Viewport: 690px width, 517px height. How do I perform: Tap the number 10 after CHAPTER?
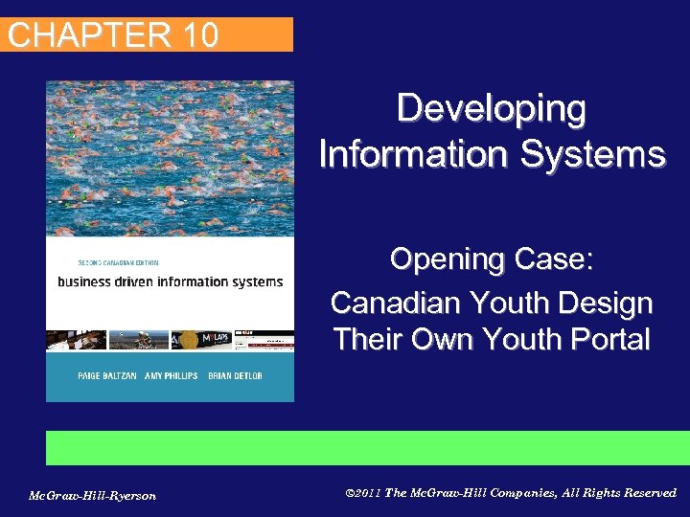197,35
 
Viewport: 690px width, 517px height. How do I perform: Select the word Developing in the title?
492,108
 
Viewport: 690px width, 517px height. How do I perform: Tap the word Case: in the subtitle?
549,259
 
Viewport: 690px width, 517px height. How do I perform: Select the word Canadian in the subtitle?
393,303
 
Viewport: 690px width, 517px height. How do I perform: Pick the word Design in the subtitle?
607,303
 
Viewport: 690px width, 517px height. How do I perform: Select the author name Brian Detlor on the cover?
235,375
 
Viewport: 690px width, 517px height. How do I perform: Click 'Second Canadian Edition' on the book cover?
118,262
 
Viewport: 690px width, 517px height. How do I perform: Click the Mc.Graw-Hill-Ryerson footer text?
92,495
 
